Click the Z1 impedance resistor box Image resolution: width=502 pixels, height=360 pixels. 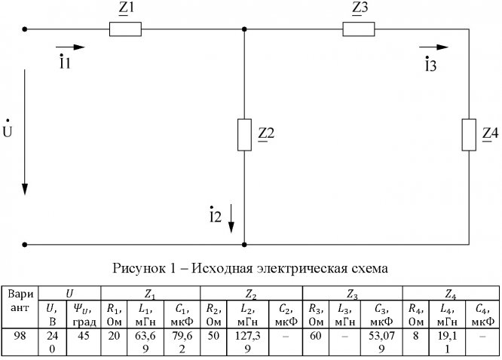pos(125,29)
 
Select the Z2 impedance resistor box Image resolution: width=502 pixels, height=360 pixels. pos(244,134)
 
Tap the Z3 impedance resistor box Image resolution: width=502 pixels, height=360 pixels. pos(359,29)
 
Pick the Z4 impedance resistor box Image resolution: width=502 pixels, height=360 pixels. pos(469,134)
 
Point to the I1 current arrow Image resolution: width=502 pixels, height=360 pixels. pos(75,47)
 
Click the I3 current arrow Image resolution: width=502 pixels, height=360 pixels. pos(433,47)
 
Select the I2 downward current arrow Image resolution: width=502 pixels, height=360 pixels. pos(231,219)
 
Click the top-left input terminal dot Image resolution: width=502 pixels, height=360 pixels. pos(25,29)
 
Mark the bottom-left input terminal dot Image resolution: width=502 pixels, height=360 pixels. pos(25,244)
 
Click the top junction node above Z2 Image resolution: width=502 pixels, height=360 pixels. pos(244,29)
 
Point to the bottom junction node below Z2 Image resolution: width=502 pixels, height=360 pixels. pos(244,244)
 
